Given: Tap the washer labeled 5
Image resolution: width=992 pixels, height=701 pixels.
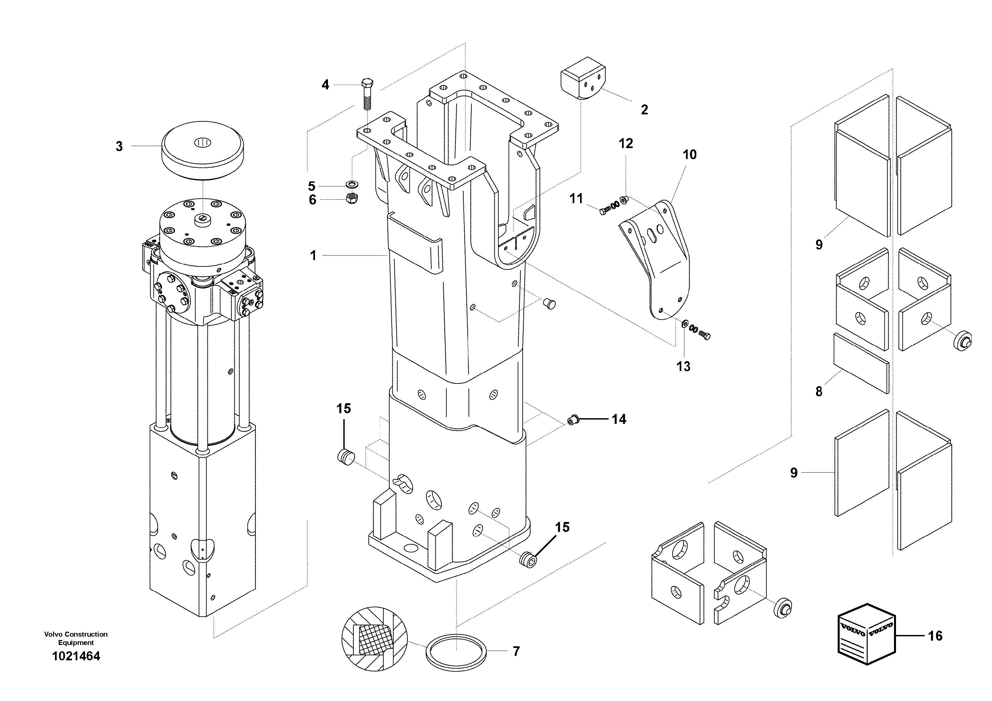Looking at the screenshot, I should coord(352,185).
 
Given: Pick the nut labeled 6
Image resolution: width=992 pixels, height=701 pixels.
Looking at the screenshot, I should coord(352,199).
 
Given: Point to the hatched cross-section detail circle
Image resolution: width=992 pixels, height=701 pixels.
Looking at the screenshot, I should coord(374,639).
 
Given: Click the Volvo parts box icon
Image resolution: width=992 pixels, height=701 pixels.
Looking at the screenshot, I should coord(865,634).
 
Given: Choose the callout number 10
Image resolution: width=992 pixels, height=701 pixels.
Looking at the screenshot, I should coord(690,155).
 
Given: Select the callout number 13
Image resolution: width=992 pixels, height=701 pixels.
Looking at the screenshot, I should coord(683,367).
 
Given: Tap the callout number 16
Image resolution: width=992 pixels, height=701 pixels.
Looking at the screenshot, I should coord(935,636).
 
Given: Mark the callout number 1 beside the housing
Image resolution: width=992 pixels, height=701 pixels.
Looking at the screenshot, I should coord(313,256).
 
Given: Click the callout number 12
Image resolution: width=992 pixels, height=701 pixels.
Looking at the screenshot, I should coord(626,143).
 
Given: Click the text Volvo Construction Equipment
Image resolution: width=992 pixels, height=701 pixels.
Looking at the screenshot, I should coord(76,638).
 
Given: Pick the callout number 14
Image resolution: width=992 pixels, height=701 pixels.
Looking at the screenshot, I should coord(619,419).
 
